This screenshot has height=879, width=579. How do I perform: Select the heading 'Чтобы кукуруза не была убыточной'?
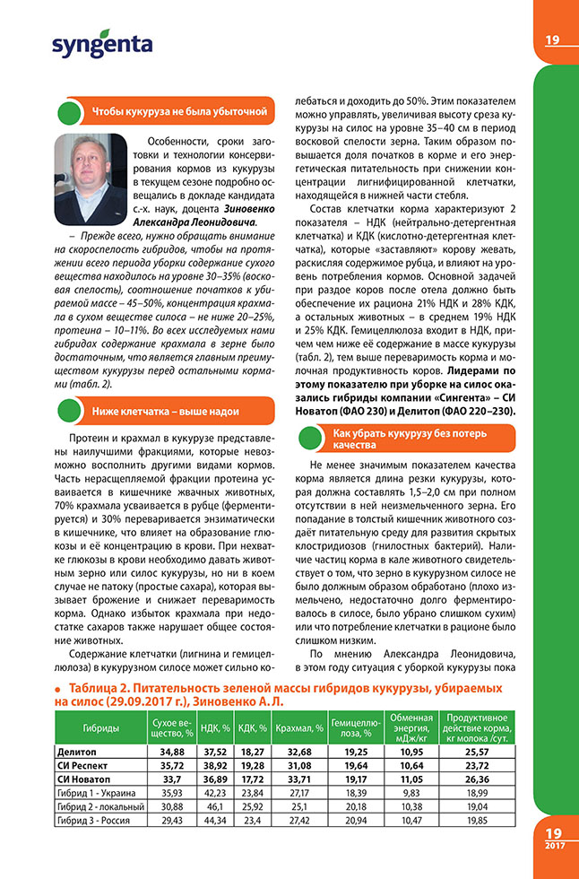179,111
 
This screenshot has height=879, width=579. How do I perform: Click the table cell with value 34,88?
170,751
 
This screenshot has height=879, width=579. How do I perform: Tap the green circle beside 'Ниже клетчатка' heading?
69,411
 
